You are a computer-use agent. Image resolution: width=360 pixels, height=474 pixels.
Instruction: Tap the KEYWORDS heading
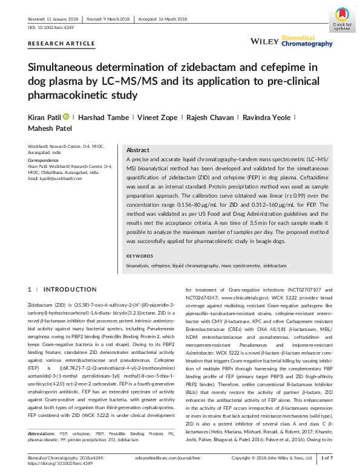click(141, 256)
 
